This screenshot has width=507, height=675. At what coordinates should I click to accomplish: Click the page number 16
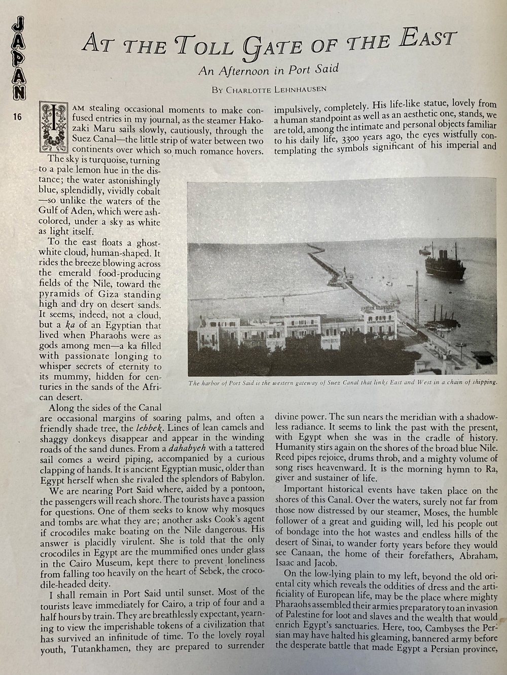click(x=17, y=117)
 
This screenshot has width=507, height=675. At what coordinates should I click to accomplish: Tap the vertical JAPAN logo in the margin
click(x=18, y=57)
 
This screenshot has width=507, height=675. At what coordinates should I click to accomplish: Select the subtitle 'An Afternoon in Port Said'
click(x=268, y=69)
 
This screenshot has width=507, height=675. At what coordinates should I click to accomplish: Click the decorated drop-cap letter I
click(x=53, y=127)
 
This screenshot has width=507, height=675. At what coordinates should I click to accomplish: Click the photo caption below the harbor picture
click(x=343, y=382)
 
